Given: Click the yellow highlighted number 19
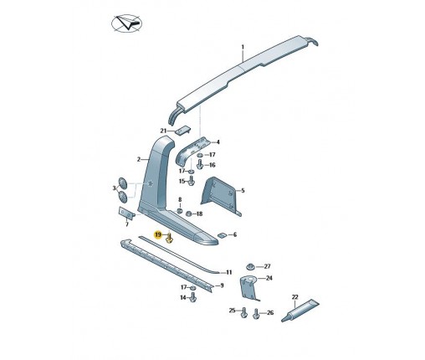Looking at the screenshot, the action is tap(158, 234).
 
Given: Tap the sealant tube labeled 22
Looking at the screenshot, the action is tap(300, 310).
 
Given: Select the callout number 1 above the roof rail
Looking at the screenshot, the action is tap(243, 47).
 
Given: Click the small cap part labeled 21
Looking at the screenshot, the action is tap(183, 130).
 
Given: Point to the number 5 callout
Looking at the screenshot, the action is tap(243, 191).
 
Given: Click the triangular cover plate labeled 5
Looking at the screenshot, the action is tap(221, 196).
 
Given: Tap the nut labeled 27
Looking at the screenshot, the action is tap(250, 266).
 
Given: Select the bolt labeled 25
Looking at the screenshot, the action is tap(243, 312).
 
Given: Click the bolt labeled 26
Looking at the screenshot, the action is tap(256, 313).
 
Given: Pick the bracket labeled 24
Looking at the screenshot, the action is tap(248, 287).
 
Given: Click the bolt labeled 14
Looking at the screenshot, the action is tap(192, 297).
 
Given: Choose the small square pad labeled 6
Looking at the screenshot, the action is tap(223, 235).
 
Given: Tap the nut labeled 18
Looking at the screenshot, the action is tap(188, 214).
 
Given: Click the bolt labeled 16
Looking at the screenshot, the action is tap(199, 164).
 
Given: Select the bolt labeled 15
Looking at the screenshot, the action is tap(192, 180).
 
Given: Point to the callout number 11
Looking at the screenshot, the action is tap(229, 272).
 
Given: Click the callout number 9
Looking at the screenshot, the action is tap(222, 285).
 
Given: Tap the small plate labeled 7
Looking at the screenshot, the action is tap(126, 213).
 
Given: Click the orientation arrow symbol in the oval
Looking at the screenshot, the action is tap(127, 23).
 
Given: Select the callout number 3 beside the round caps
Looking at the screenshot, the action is tap(114, 188).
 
